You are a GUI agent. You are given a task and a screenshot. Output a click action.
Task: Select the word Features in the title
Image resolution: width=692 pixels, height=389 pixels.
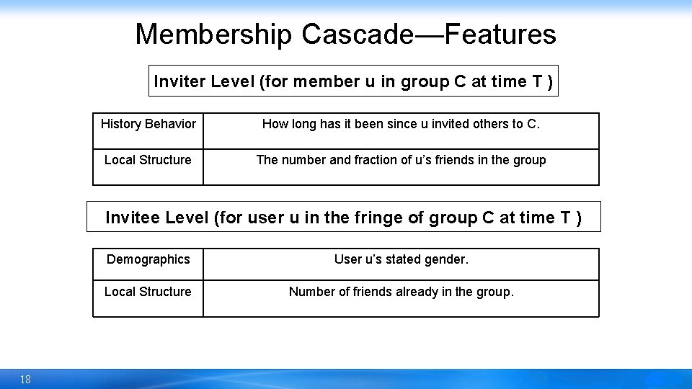pos(500,34)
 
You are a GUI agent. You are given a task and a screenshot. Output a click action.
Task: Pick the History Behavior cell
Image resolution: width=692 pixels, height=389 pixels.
pos(148,124)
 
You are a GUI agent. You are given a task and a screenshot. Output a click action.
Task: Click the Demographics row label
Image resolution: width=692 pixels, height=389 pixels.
pos(148,259)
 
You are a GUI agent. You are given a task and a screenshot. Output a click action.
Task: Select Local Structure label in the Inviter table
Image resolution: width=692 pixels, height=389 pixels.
pos(148,160)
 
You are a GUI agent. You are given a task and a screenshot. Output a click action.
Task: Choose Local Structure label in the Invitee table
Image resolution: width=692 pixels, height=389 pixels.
pos(148,292)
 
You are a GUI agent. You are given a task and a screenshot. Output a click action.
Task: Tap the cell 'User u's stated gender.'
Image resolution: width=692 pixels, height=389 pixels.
pos(401,259)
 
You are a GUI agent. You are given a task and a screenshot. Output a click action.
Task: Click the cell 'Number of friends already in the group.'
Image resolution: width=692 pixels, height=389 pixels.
pos(401,292)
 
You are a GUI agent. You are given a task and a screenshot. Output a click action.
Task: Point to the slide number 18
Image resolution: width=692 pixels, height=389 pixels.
pos(25,380)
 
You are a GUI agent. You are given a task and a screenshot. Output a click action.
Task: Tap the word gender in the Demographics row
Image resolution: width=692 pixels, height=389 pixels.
pos(448,259)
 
